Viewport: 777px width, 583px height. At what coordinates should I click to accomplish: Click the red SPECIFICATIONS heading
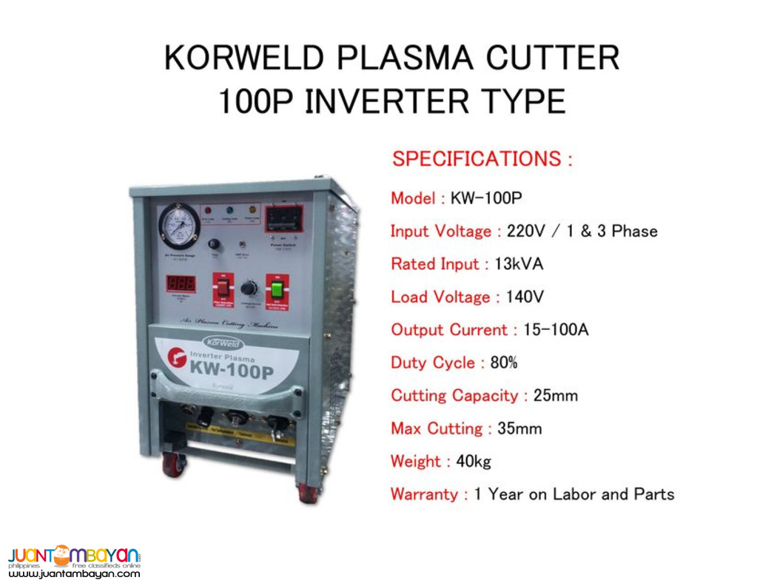click(482, 158)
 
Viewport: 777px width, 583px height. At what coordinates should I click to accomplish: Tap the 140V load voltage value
click(525, 297)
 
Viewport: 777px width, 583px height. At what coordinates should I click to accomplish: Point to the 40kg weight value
click(474, 461)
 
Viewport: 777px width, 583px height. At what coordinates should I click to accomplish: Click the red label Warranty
click(425, 493)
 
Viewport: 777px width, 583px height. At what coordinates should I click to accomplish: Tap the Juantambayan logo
click(74, 556)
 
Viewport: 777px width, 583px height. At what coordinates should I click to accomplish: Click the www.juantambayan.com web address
click(74, 573)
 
